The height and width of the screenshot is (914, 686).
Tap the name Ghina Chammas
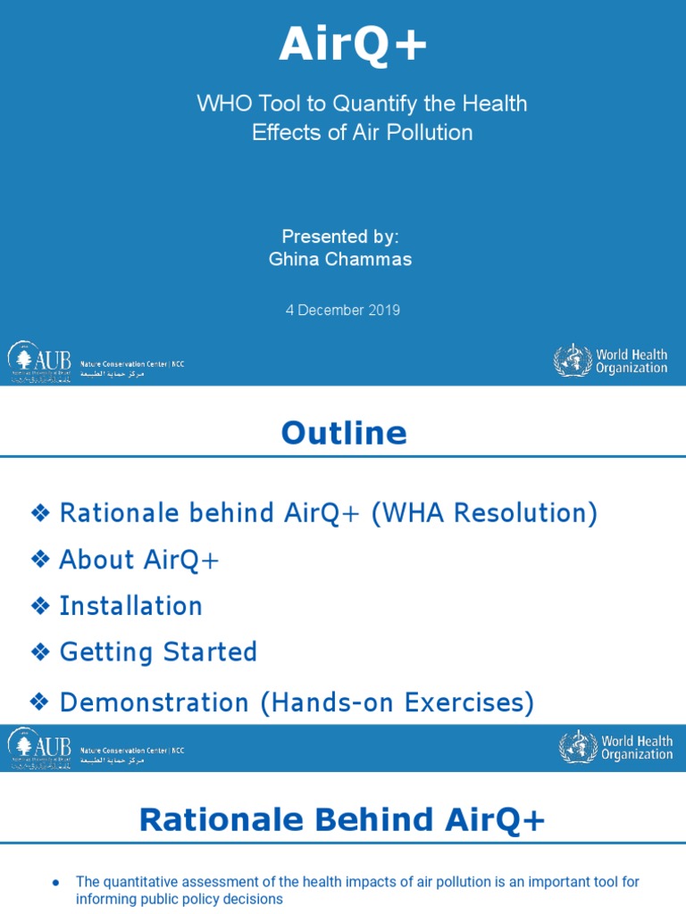(x=340, y=260)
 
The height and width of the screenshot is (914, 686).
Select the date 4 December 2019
(x=343, y=311)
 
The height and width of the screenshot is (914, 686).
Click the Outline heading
(x=344, y=434)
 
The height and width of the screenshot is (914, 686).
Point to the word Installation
(x=130, y=606)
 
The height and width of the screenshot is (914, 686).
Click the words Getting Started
(x=158, y=652)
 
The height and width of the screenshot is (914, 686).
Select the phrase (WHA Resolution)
(x=483, y=513)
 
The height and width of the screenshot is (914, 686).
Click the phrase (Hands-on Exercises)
(x=397, y=703)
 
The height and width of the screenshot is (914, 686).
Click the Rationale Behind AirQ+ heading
(x=342, y=820)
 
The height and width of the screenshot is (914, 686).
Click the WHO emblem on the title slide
(x=572, y=361)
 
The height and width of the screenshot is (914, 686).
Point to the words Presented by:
(x=340, y=237)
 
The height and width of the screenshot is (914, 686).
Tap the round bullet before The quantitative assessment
(x=56, y=882)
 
